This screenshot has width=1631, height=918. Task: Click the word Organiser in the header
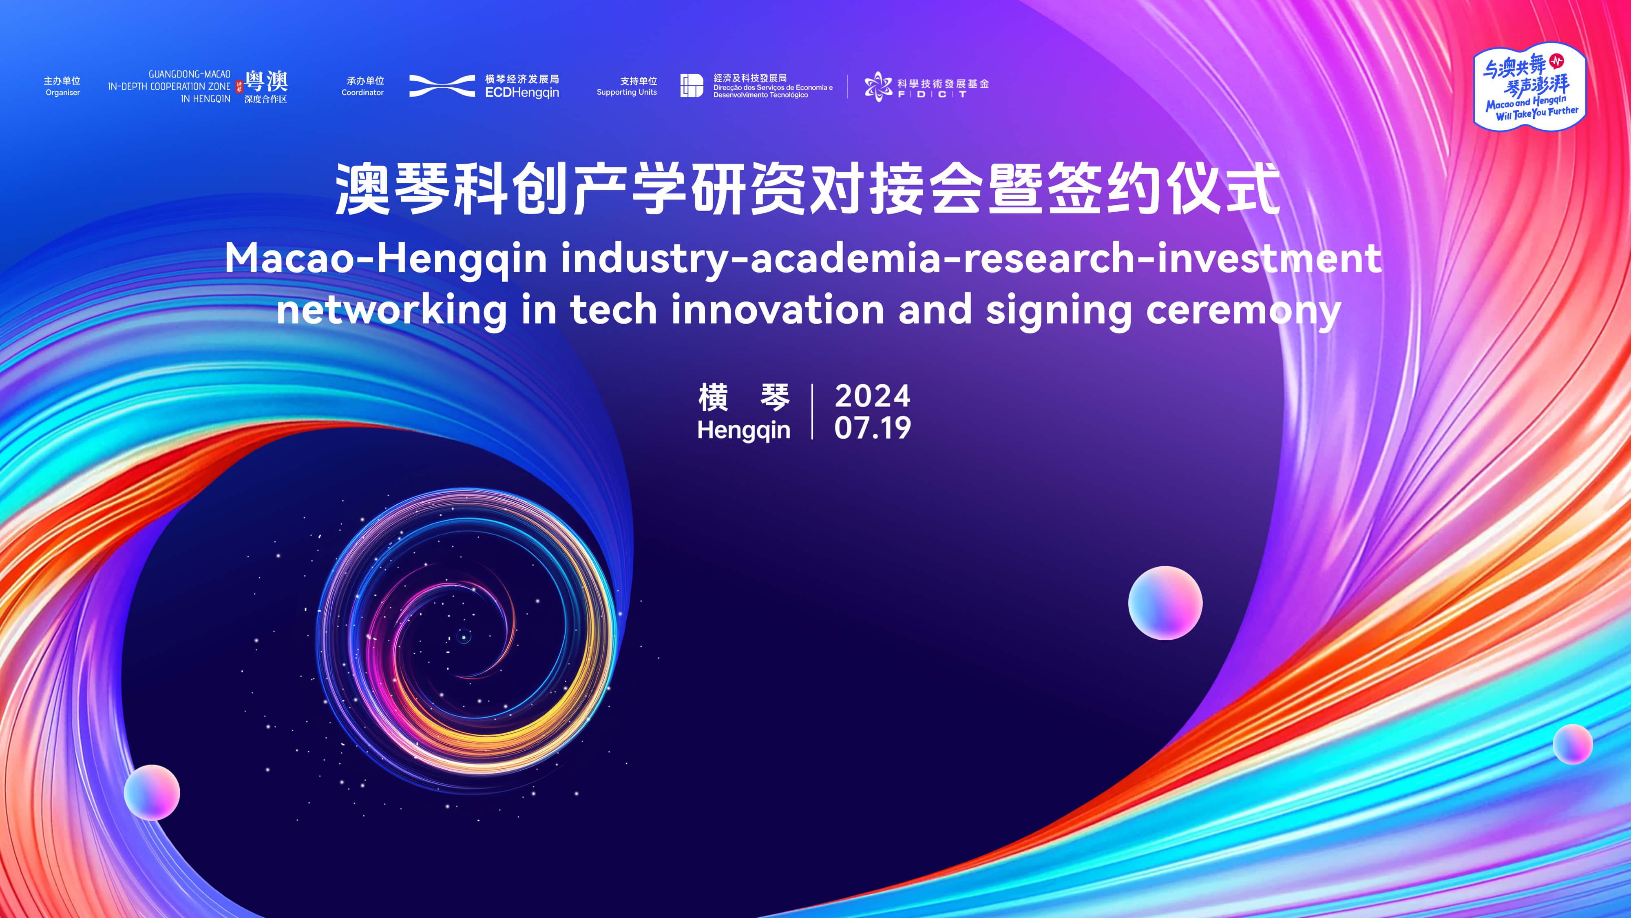[63, 93]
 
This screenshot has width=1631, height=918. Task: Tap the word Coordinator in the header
[363, 93]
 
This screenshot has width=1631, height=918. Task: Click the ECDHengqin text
[522, 93]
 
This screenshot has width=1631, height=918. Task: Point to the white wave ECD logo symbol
[442, 86]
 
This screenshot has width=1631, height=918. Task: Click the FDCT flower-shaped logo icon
[878, 86]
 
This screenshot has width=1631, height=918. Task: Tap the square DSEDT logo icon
[692, 86]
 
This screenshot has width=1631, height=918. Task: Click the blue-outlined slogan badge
[1530, 87]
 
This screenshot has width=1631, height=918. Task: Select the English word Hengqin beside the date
[744, 430]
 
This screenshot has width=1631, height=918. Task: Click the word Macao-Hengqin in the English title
[386, 260]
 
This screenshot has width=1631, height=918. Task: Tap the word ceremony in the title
[1244, 310]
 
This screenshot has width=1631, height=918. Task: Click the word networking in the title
[392, 310]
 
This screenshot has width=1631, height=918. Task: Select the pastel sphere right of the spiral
[1165, 603]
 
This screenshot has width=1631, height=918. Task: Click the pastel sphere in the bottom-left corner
[152, 793]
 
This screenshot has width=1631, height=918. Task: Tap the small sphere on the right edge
[1573, 745]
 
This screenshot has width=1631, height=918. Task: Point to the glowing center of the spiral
[464, 636]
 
